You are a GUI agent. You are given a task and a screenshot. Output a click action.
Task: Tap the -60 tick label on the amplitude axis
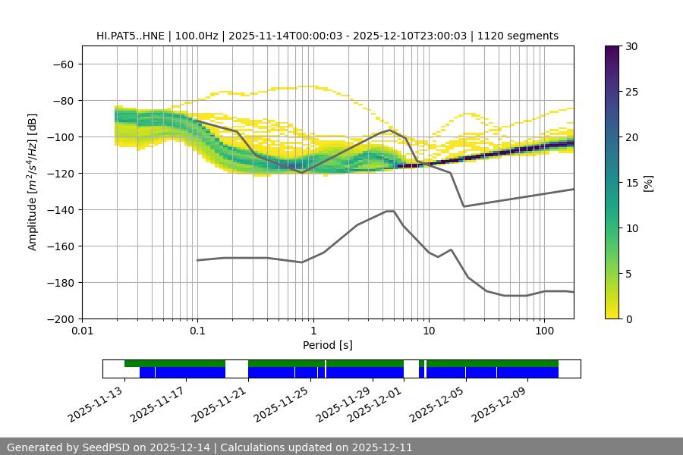tap(62, 64)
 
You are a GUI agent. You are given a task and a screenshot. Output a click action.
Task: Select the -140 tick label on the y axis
tap(59, 209)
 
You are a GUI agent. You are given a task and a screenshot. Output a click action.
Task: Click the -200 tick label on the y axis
tap(59, 318)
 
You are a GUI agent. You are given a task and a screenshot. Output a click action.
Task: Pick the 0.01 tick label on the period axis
tap(82, 331)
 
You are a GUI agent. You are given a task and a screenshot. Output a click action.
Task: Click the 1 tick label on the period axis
tap(313, 331)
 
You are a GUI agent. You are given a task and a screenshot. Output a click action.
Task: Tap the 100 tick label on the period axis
tap(544, 331)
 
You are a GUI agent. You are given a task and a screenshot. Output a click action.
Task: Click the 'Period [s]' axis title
tap(328, 345)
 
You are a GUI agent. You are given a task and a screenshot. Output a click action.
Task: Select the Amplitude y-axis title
tap(33, 182)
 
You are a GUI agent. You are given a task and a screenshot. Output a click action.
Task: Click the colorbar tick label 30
tap(631, 46)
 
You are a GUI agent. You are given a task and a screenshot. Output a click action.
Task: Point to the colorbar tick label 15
tap(631, 183)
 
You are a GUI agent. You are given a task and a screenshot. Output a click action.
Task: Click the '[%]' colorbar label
tap(648, 183)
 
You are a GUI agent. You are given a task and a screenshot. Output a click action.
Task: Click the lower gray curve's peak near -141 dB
tap(390, 211)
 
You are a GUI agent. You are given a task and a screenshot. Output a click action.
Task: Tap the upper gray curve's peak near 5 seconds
tap(390, 130)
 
